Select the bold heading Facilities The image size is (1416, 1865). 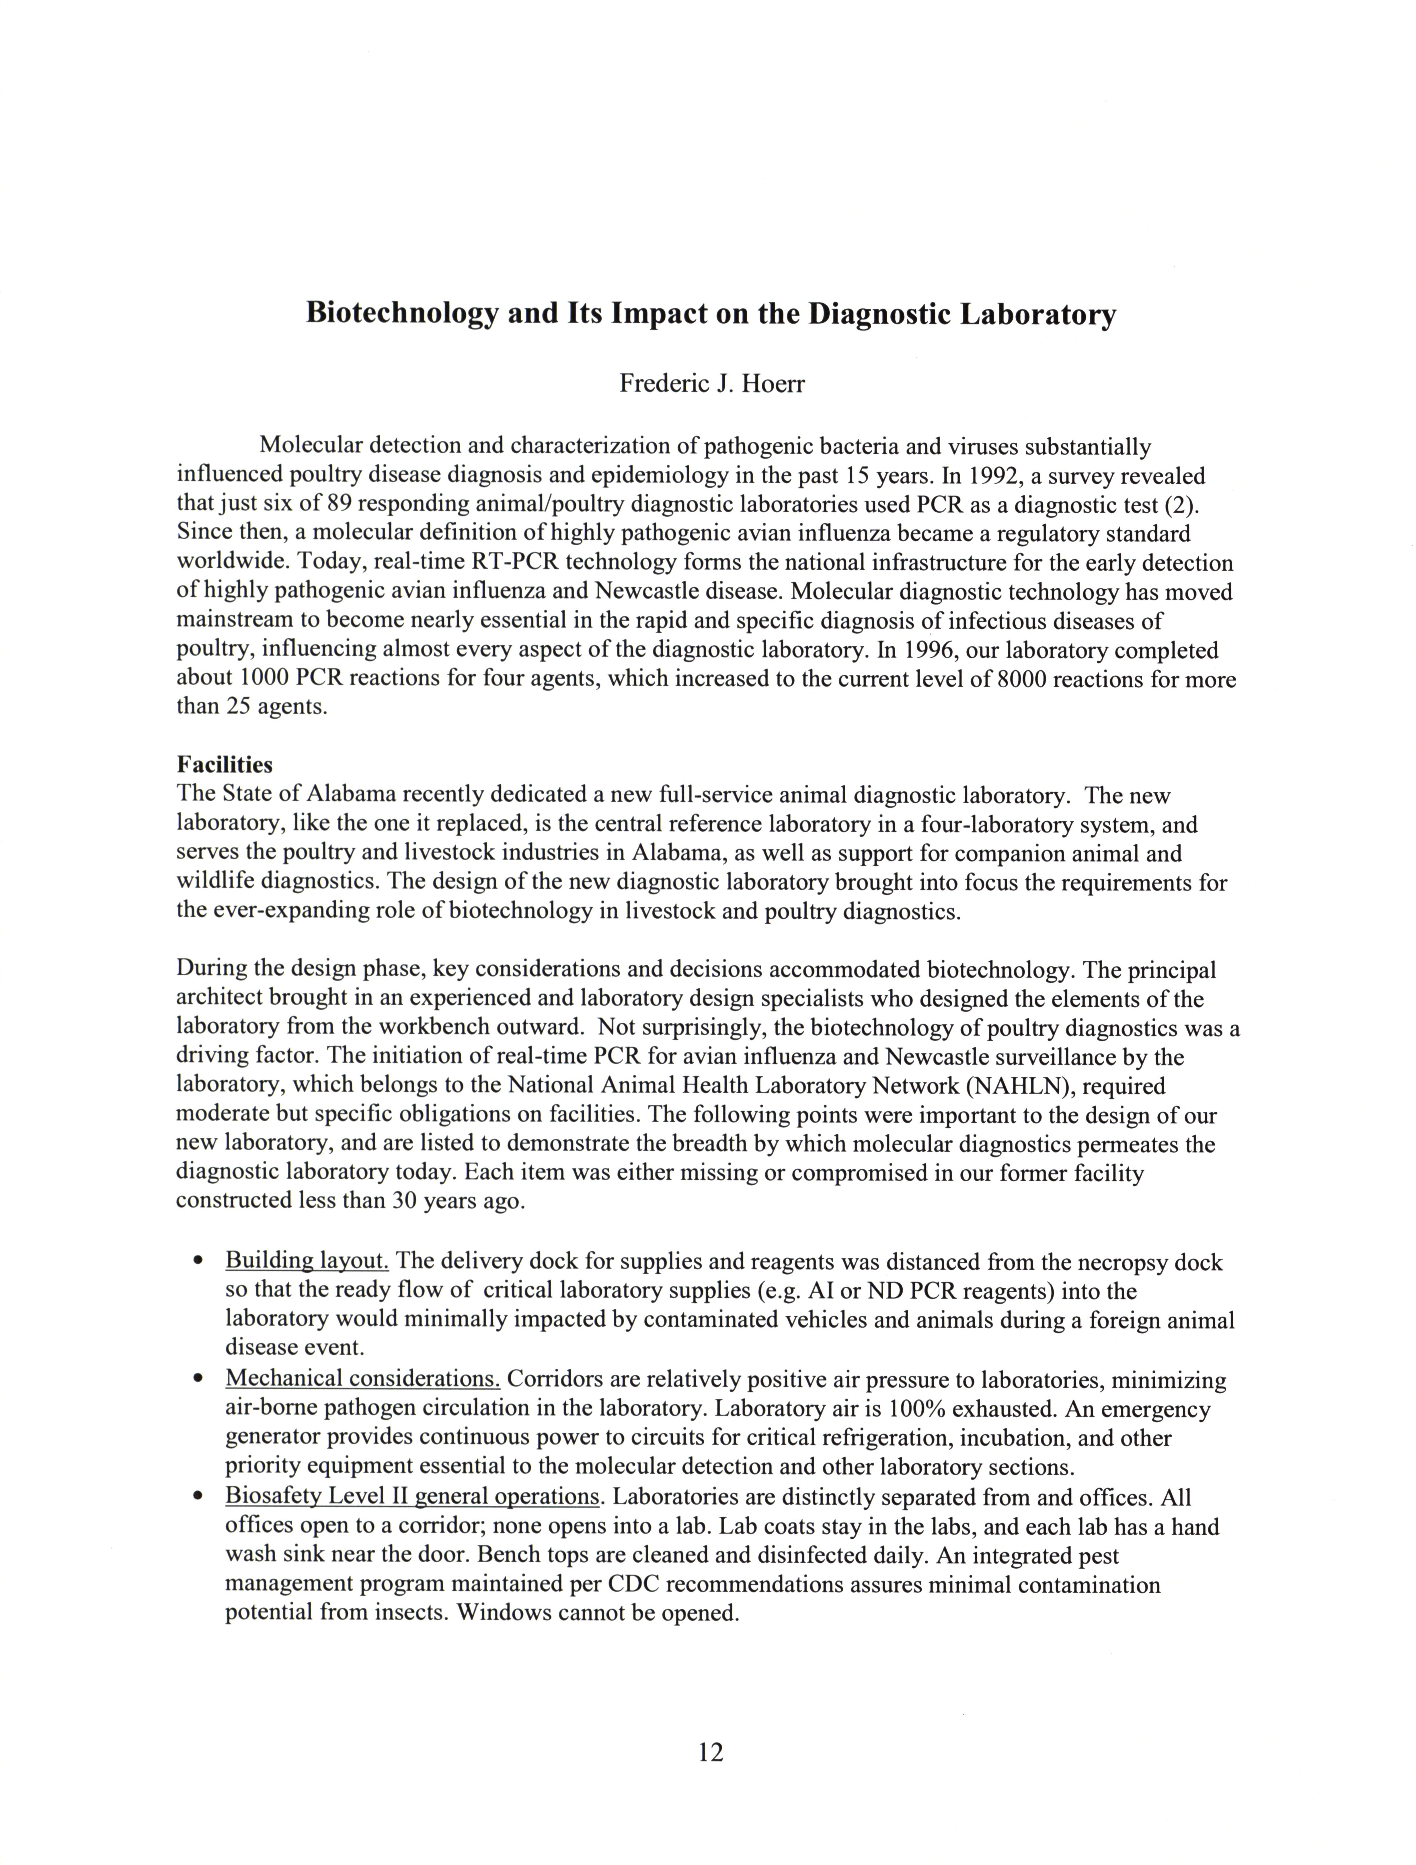[224, 765]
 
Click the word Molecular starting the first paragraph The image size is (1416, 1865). [311, 445]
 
